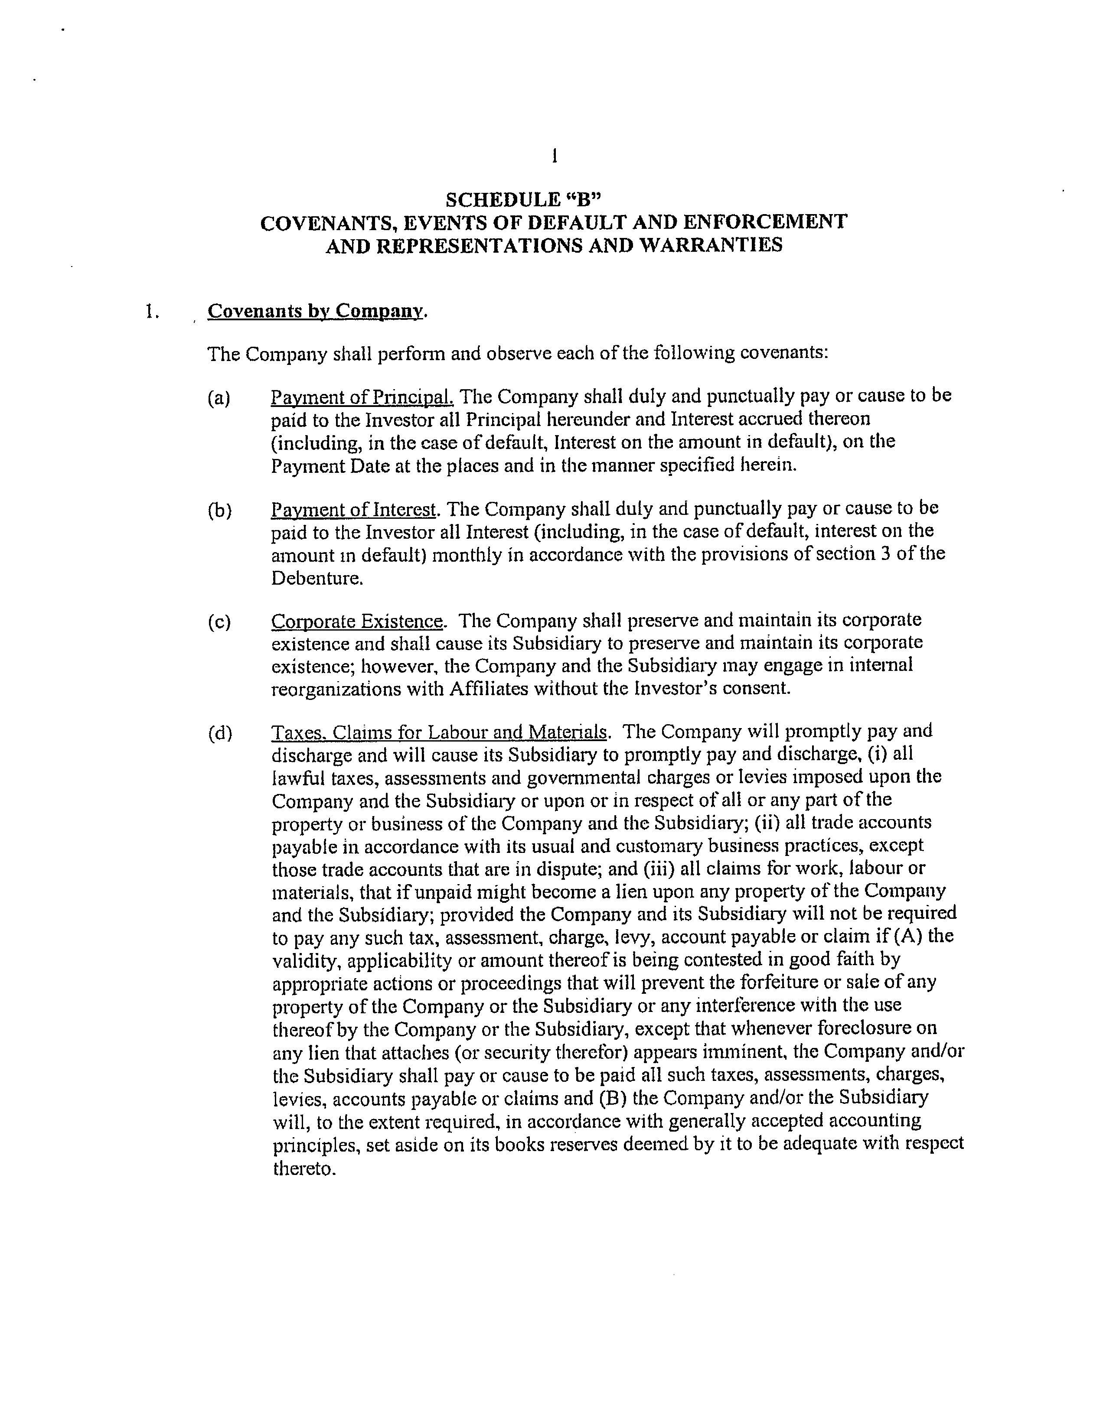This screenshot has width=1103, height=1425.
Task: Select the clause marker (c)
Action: pos(219,622)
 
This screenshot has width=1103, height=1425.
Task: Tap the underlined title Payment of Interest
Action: pos(353,509)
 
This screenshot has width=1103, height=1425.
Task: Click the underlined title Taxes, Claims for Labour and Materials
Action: pos(439,732)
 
